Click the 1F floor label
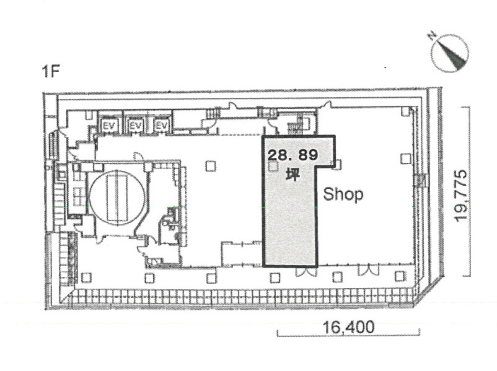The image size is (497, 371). point(51,72)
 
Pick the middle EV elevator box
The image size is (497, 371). point(135,125)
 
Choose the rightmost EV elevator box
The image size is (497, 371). point(161,125)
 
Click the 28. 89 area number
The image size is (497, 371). point(293,156)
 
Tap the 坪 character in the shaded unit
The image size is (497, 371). point(292,175)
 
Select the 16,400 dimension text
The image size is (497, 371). point(349,327)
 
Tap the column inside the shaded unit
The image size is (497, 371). point(273,166)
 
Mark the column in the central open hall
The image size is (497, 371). point(210,166)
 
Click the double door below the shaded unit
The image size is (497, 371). point(306,271)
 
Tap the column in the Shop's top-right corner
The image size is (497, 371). point(405,112)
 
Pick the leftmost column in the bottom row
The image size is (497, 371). point(86,278)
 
